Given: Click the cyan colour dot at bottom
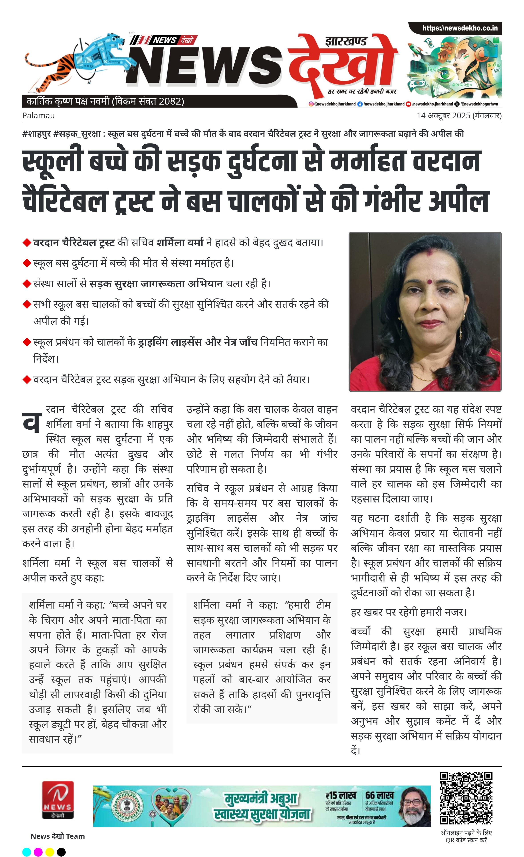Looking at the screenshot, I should pyautogui.click(x=27, y=852).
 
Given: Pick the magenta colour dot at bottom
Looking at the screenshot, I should pyautogui.click(x=38, y=852).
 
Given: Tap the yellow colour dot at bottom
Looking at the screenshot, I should pyautogui.click(x=50, y=852).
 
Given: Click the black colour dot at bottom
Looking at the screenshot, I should pyautogui.click(x=61, y=852).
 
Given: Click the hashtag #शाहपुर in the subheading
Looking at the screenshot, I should pyautogui.click(x=37, y=134).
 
